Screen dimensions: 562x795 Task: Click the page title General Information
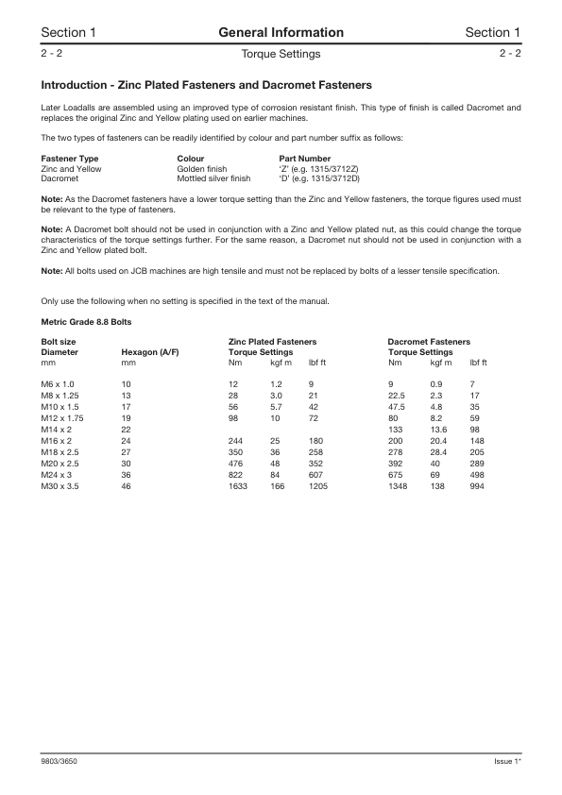[281, 33]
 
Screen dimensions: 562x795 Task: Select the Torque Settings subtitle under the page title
[281, 54]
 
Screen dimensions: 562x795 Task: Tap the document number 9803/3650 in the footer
[59, 760]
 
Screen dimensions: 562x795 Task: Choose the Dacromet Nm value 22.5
[397, 395]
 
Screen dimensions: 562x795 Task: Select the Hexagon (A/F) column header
[150, 351]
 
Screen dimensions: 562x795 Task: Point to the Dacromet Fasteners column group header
[429, 341]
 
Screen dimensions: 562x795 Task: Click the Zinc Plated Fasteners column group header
[272, 341]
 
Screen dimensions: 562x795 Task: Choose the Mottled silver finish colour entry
[213, 178]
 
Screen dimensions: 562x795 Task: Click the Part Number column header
[305, 159]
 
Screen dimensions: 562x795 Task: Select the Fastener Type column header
[70, 159]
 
